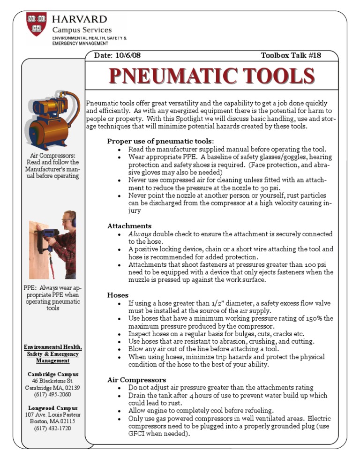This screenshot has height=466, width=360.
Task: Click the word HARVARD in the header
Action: pyautogui.click(x=79, y=19)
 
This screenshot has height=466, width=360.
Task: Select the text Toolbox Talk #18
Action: pyautogui.click(x=291, y=55)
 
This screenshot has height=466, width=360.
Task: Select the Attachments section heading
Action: pyautogui.click(x=129, y=226)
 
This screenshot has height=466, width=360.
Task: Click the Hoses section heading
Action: pyautogui.click(x=118, y=295)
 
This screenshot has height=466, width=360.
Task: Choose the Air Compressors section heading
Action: pyautogui.click(x=136, y=379)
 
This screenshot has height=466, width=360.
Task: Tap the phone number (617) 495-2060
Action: pyautogui.click(x=52, y=394)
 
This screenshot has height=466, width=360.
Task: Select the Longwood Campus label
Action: pyautogui.click(x=52, y=408)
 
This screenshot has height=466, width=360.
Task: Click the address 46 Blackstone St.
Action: pyautogui.click(x=52, y=381)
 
